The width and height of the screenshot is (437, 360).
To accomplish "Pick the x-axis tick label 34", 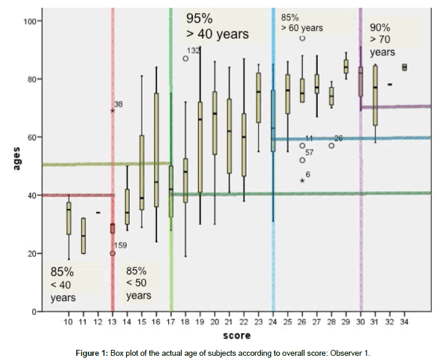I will pyautogui.click(x=405, y=322).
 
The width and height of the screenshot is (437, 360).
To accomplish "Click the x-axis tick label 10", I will pyautogui.click(x=69, y=322).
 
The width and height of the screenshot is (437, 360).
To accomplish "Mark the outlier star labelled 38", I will pyautogui.click(x=113, y=110).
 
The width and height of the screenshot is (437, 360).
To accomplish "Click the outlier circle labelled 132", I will pyautogui.click(x=186, y=58).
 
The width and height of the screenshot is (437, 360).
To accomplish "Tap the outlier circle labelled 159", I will pyautogui.click(x=113, y=253).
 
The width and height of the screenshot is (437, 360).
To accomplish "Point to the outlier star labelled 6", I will pyautogui.click(x=302, y=180).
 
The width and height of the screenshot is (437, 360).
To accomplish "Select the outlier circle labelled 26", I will pyautogui.click(x=332, y=145).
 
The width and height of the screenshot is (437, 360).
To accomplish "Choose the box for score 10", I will pyautogui.click(x=69, y=218).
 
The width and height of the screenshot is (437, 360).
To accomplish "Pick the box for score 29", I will pyautogui.click(x=347, y=67).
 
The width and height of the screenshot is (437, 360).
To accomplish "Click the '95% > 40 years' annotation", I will pyautogui.click(x=217, y=26).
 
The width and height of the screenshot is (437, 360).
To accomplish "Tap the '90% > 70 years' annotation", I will pyautogui.click(x=382, y=39).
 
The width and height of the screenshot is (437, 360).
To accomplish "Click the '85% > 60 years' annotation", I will pyautogui.click(x=302, y=22).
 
